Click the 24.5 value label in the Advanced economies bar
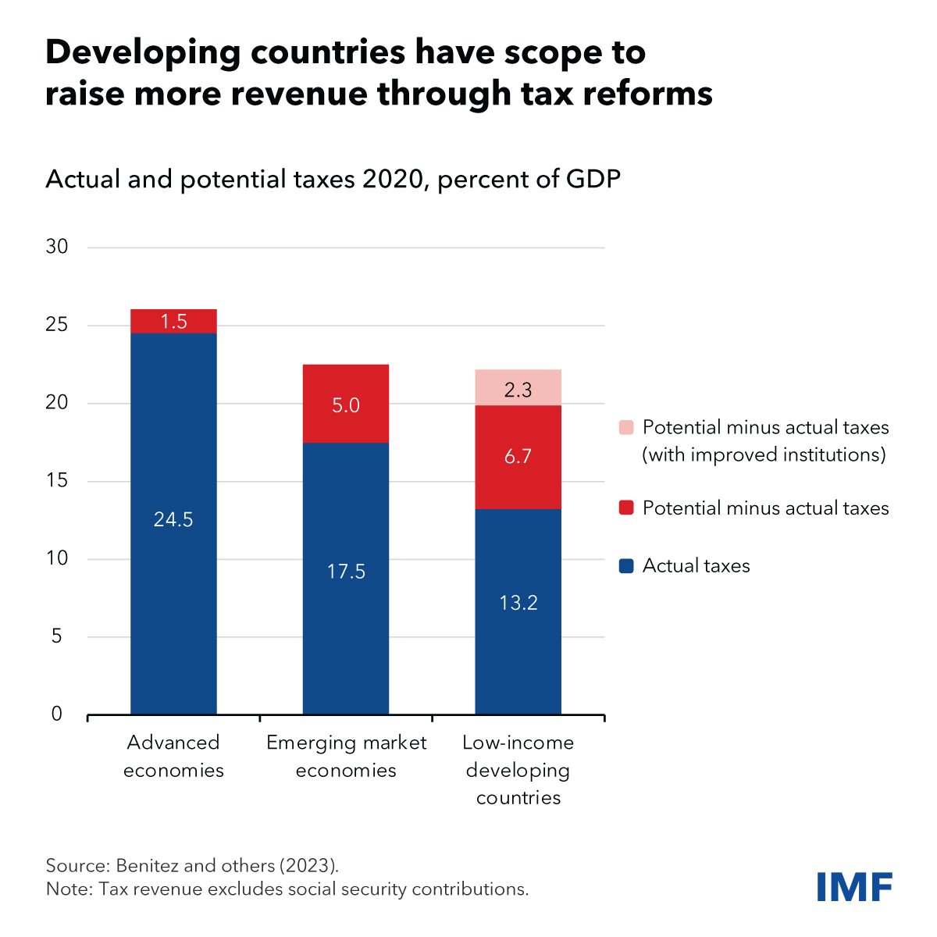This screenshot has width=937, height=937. (173, 519)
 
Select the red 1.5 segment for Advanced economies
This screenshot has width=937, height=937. (173, 321)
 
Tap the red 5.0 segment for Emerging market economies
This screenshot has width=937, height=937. (346, 404)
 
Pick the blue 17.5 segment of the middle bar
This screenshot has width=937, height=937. (346, 578)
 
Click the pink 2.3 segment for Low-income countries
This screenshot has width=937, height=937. (518, 388)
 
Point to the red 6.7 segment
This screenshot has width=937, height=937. (518, 457)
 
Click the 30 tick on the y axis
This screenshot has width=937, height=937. (58, 247)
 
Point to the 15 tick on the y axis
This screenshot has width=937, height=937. (58, 481)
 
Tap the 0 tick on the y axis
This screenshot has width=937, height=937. (57, 714)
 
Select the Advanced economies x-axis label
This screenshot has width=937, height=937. (173, 756)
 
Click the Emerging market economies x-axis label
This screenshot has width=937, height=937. (346, 756)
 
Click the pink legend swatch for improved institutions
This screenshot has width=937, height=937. (626, 428)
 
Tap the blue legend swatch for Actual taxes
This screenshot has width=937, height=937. (626, 566)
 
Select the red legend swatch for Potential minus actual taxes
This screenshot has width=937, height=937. (626, 508)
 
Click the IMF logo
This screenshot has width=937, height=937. (854, 887)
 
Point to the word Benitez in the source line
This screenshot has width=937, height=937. (148, 865)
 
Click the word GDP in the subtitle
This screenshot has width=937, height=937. (591, 180)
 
